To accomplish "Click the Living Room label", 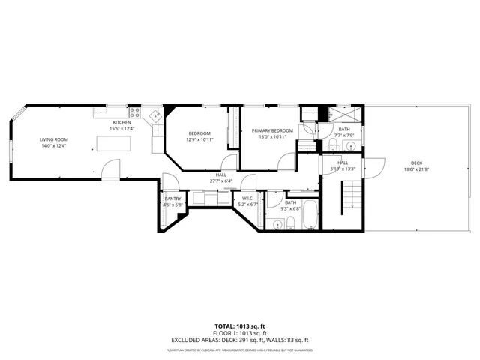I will click(54, 139).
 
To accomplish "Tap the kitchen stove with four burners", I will click(134, 115).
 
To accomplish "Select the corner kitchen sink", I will click(155, 116).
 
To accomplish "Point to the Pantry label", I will click(172, 199).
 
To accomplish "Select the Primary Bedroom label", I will click(272, 130).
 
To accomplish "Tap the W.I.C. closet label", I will click(247, 199).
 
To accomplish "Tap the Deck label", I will click(415, 163).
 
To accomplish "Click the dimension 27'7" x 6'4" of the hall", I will click(221, 181).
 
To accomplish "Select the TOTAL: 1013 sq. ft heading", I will click(240, 326).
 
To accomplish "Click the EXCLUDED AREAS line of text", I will click(240, 339).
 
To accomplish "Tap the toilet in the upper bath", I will click(331, 143).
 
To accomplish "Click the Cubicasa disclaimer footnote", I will click(240, 349).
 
